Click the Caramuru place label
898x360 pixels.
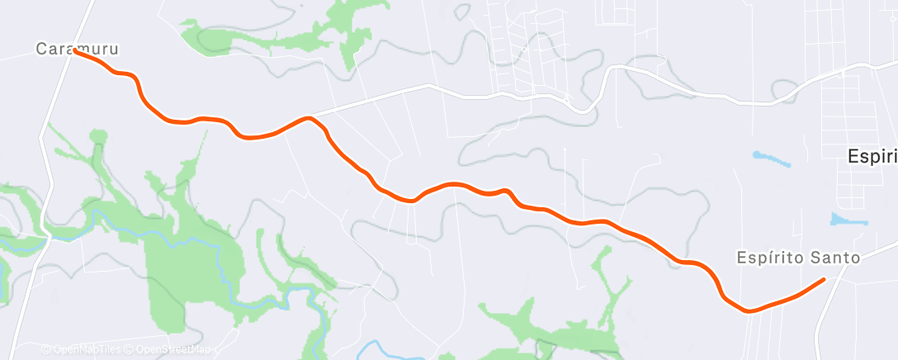tap(76, 50)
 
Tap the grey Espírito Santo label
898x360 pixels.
tap(798, 258)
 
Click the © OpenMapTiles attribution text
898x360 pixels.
tap(82, 350)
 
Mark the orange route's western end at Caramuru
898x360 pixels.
tap(74, 50)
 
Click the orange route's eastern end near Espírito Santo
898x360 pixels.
tap(824, 280)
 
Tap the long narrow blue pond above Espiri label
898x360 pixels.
tap(771, 158)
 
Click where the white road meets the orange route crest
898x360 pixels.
tap(309, 118)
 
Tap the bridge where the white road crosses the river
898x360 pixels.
tap(50, 236)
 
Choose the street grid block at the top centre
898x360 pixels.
tap(528, 50)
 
